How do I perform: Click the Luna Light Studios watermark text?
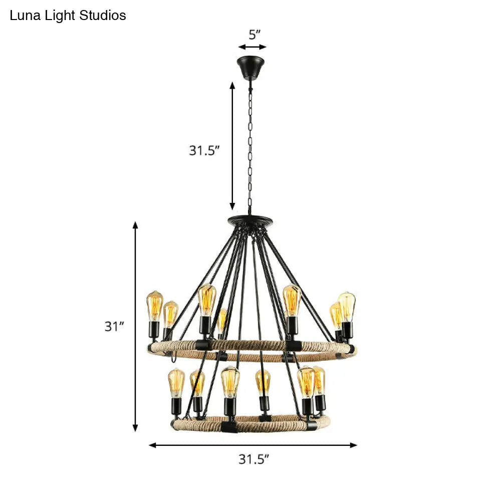tap(68, 16)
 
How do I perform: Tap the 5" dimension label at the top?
tap(255, 35)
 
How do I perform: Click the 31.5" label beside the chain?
tap(204, 150)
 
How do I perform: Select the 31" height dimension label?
tap(114, 327)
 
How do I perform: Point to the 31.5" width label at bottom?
tap(254, 459)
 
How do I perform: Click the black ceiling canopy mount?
tap(252, 68)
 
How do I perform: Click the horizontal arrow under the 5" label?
tap(252, 47)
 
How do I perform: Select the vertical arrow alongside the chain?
tap(232, 145)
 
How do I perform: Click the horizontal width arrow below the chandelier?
tap(253, 445)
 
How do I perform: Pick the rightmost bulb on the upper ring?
tap(346, 307)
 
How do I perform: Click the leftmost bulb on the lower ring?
tap(176, 382)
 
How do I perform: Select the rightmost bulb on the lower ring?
tap(319, 381)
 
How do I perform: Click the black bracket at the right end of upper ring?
tap(352, 349)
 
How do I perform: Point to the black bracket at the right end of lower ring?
tap(311, 425)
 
